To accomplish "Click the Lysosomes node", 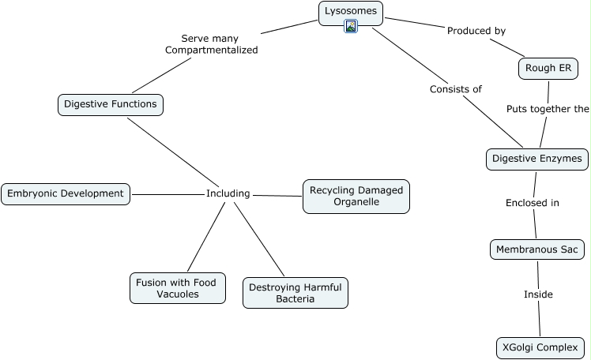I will (x=351, y=11).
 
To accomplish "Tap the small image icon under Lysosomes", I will (x=352, y=26).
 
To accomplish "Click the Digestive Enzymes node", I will (x=536, y=159).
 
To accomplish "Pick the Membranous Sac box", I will (x=537, y=249).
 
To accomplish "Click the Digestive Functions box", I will (x=110, y=104).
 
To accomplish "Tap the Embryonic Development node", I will (x=66, y=193).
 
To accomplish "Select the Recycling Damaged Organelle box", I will (x=356, y=196).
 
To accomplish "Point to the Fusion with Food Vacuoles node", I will (x=177, y=287).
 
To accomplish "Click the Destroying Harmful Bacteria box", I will (x=295, y=292).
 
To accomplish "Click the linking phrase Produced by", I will (x=476, y=31).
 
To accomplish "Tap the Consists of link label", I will (x=455, y=89).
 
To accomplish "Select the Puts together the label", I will (x=548, y=109).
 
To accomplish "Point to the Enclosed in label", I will (x=532, y=203).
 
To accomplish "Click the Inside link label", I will (x=538, y=294).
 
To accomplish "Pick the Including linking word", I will (x=228, y=193).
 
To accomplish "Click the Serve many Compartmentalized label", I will (x=210, y=43).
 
